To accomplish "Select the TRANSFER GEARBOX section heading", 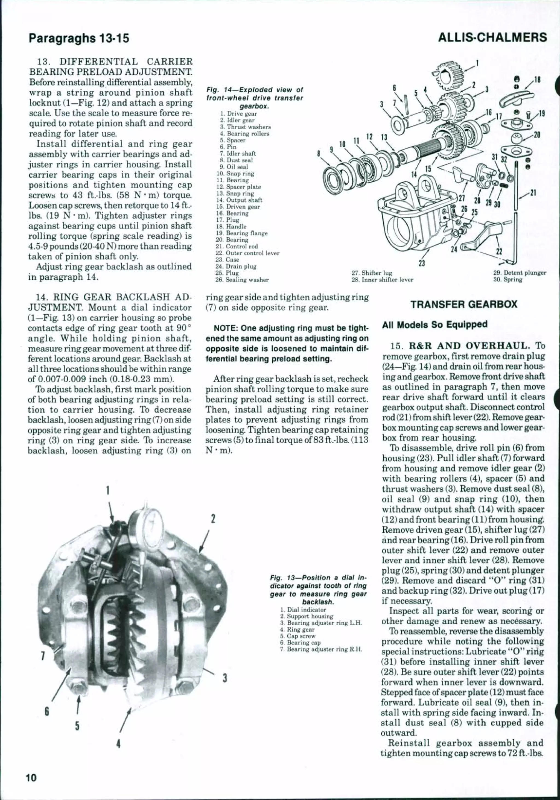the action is coord(464,304).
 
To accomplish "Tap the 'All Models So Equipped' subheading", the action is coord(434,325).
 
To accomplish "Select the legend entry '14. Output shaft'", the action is coord(241,200).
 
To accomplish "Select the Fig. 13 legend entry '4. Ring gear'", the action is coord(297,630).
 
